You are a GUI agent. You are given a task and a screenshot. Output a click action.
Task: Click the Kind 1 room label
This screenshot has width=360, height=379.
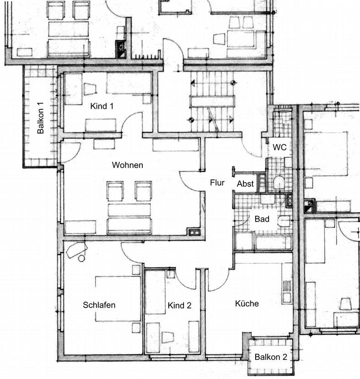(102, 106)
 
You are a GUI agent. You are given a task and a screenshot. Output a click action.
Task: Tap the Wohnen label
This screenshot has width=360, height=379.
(128, 165)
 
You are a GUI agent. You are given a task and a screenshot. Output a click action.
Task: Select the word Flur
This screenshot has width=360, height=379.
(217, 183)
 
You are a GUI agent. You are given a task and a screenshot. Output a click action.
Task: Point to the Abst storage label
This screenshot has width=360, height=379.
(245, 184)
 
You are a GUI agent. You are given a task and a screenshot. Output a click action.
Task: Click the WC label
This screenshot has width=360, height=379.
(279, 147)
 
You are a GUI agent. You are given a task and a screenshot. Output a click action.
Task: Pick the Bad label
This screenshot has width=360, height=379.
(262, 219)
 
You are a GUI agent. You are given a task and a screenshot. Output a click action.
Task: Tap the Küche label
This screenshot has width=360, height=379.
(247, 303)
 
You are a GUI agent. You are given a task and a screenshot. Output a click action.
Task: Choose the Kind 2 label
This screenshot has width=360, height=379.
(179, 305)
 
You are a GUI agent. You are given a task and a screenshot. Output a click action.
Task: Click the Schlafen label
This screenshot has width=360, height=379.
(99, 305)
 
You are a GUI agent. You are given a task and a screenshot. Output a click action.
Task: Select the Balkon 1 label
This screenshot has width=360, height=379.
(40, 118)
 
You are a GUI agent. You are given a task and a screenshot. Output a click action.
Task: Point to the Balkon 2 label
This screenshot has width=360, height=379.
(271, 357)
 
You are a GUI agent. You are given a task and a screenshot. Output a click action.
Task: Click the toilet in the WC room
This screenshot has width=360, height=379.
(279, 183)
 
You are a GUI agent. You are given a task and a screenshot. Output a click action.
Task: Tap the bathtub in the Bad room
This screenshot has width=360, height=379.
(273, 243)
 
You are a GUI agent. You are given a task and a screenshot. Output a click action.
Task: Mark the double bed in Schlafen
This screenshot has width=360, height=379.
(118, 299)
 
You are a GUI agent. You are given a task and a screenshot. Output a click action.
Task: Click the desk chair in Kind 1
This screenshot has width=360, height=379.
(90, 89)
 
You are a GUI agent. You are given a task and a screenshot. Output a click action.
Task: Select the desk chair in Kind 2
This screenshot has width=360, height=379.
(168, 337)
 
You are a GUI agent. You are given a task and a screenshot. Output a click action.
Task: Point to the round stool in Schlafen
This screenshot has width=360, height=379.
(82, 258)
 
